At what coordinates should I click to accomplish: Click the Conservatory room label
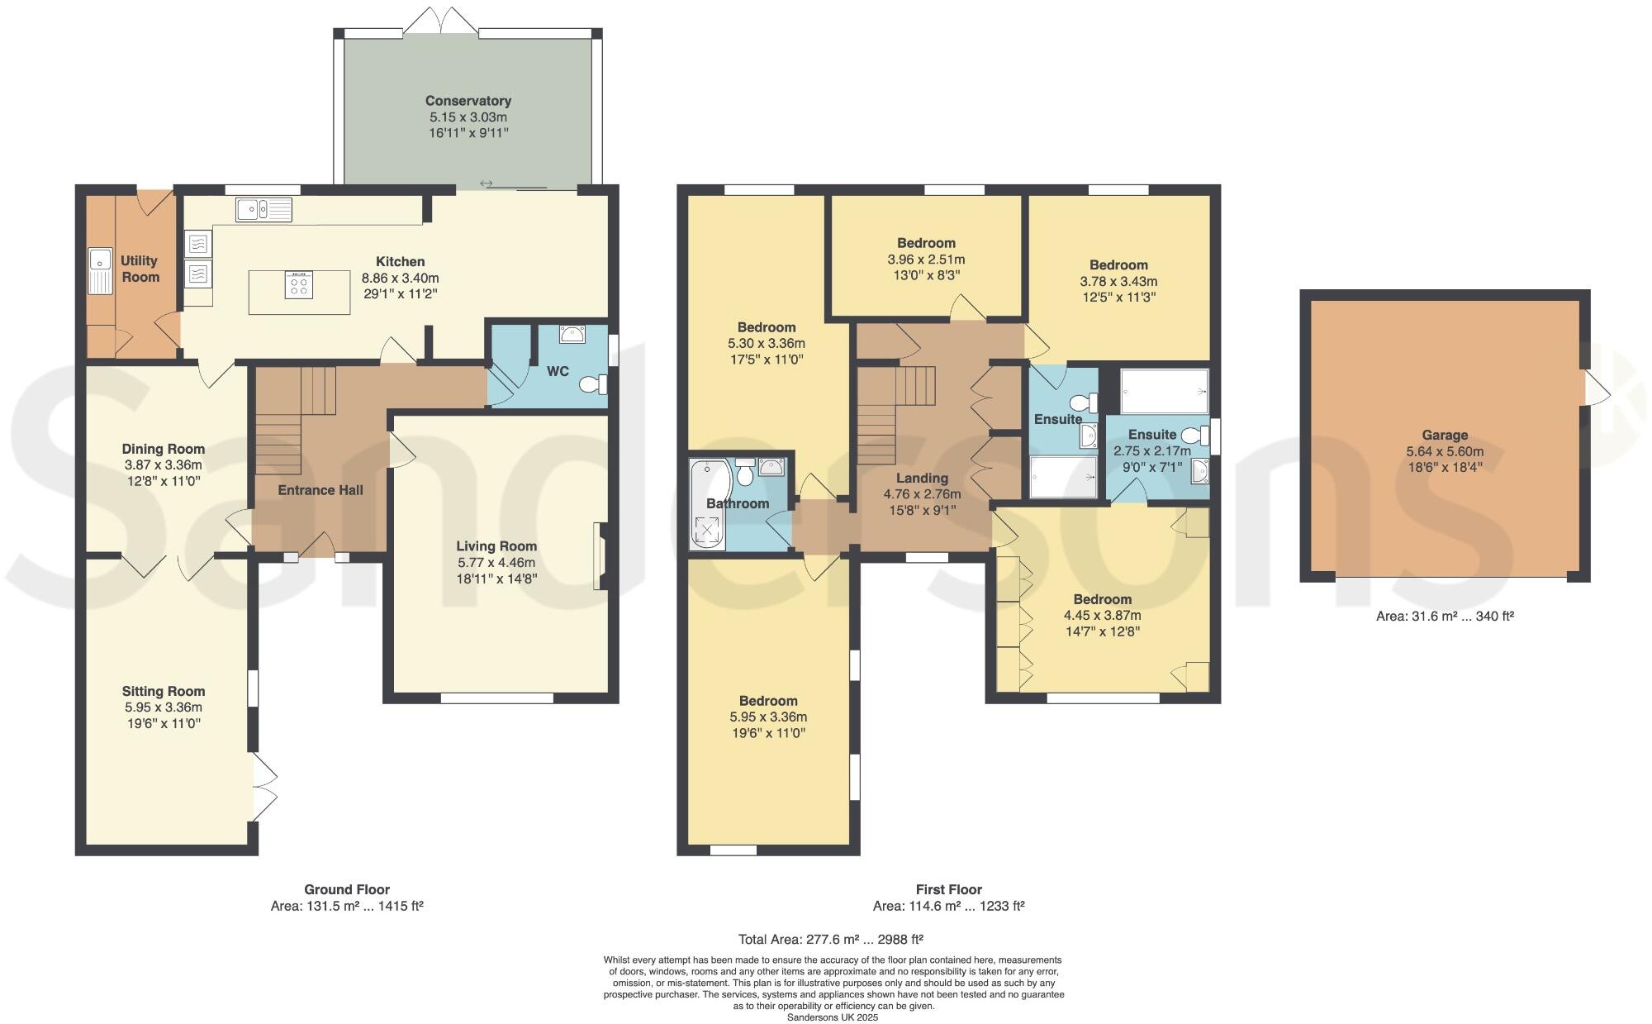(x=468, y=101)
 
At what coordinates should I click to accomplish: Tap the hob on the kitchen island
(x=299, y=285)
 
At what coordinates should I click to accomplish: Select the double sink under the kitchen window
(x=263, y=210)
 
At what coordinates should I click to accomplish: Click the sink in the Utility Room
(x=100, y=270)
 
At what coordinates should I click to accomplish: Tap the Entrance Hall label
(x=320, y=490)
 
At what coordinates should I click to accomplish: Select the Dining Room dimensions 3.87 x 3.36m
(x=163, y=465)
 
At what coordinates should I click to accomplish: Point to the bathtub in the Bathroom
(x=706, y=506)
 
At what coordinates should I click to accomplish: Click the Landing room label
(x=922, y=478)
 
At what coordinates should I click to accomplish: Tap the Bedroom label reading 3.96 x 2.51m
(x=926, y=243)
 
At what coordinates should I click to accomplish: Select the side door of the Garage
(x=1594, y=387)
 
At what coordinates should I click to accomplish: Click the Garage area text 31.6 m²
(x=1444, y=617)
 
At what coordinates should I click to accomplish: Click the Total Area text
(x=830, y=940)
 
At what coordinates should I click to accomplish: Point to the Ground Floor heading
(x=346, y=890)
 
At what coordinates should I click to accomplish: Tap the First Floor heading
(x=948, y=890)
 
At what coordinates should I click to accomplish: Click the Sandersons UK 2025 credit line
(x=832, y=1017)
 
